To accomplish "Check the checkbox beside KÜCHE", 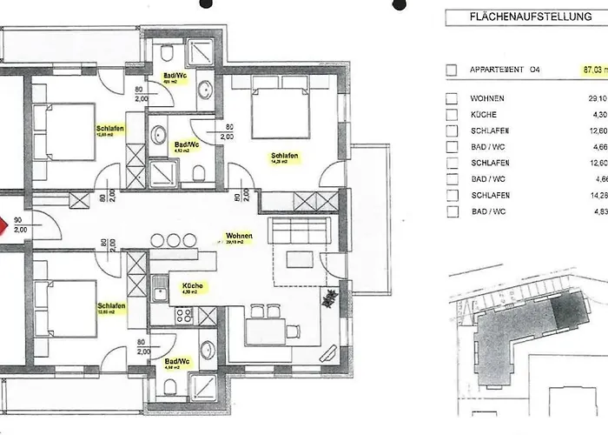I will [x=451, y=115].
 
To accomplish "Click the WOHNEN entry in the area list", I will [x=487, y=99].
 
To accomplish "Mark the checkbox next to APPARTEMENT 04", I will [x=451, y=70].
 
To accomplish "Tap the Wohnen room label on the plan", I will [x=239, y=238].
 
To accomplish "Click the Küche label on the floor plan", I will [x=192, y=287].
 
